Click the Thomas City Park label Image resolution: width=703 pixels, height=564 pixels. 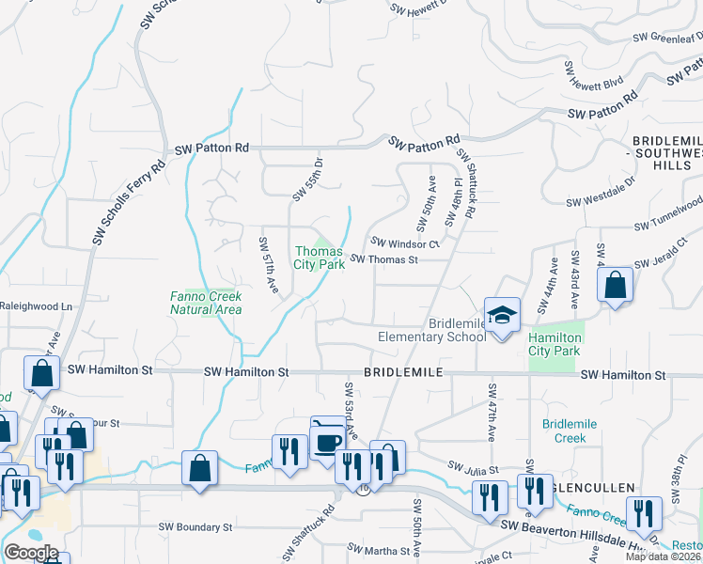[319, 258]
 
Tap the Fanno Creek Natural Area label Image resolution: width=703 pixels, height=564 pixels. [206, 303]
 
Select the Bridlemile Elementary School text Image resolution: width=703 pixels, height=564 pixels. [432, 330]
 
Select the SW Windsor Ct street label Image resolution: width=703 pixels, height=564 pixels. [405, 243]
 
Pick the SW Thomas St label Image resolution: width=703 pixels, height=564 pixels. [384, 259]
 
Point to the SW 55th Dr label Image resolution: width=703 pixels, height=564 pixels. [307, 179]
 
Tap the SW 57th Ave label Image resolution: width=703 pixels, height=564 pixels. [269, 263]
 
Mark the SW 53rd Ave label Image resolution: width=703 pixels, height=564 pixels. [351, 411]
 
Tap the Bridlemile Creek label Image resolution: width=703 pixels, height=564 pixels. [564, 431]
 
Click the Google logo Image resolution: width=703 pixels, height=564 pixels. [31, 553]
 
